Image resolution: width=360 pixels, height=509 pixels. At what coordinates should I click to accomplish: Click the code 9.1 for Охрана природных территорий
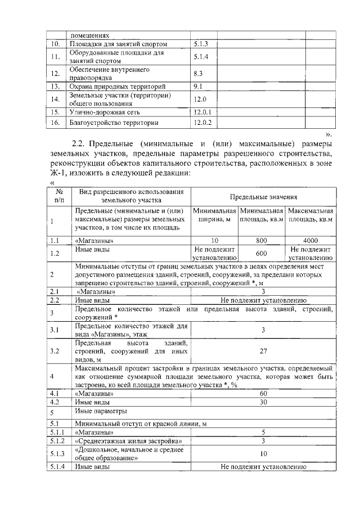pyautogui.click(x=197, y=87)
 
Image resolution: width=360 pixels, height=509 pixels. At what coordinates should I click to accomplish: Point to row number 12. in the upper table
pyautogui.click(x=55, y=73)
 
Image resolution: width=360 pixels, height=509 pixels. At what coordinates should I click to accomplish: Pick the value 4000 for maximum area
pyautogui.click(x=310, y=240)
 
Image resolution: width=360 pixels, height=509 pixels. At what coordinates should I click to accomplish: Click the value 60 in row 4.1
pyautogui.click(x=263, y=394)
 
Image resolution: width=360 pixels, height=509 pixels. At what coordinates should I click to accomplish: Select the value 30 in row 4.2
pyautogui.click(x=263, y=402)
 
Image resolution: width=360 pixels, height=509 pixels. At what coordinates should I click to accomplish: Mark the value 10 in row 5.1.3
pyautogui.click(x=263, y=453)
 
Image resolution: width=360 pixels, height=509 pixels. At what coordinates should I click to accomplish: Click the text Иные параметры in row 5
pyautogui.click(x=98, y=412)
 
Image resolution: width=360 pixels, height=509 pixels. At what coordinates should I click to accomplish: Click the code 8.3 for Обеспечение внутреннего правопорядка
pyautogui.click(x=197, y=73)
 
